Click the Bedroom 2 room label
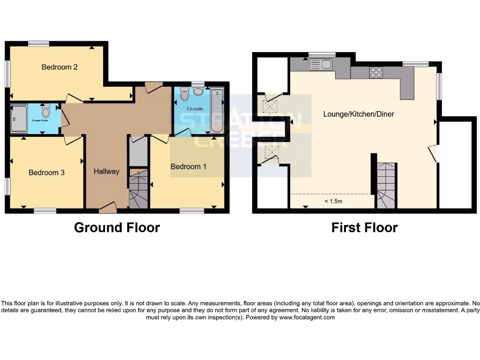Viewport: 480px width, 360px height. click(60, 67)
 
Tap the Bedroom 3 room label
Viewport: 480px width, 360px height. click(46, 172)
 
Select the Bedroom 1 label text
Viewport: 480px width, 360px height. click(188, 166)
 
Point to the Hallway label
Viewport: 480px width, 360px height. click(106, 172)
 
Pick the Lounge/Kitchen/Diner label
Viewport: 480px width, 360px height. click(359, 114)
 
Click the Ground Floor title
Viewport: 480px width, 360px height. click(117, 228)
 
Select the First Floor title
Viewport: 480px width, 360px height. click(364, 228)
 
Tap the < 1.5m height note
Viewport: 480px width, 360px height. click(333, 202)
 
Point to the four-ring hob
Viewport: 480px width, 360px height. click(376, 72)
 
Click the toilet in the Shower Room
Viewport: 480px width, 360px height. click(45, 111)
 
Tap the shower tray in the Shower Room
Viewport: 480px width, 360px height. click(20, 119)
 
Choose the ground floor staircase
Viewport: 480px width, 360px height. click(139, 190)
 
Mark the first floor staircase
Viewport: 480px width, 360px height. click(387, 186)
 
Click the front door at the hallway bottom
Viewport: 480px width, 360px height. click(108, 206)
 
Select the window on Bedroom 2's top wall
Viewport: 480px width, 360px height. click(38, 44)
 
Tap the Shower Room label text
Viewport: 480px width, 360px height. click(40, 120)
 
